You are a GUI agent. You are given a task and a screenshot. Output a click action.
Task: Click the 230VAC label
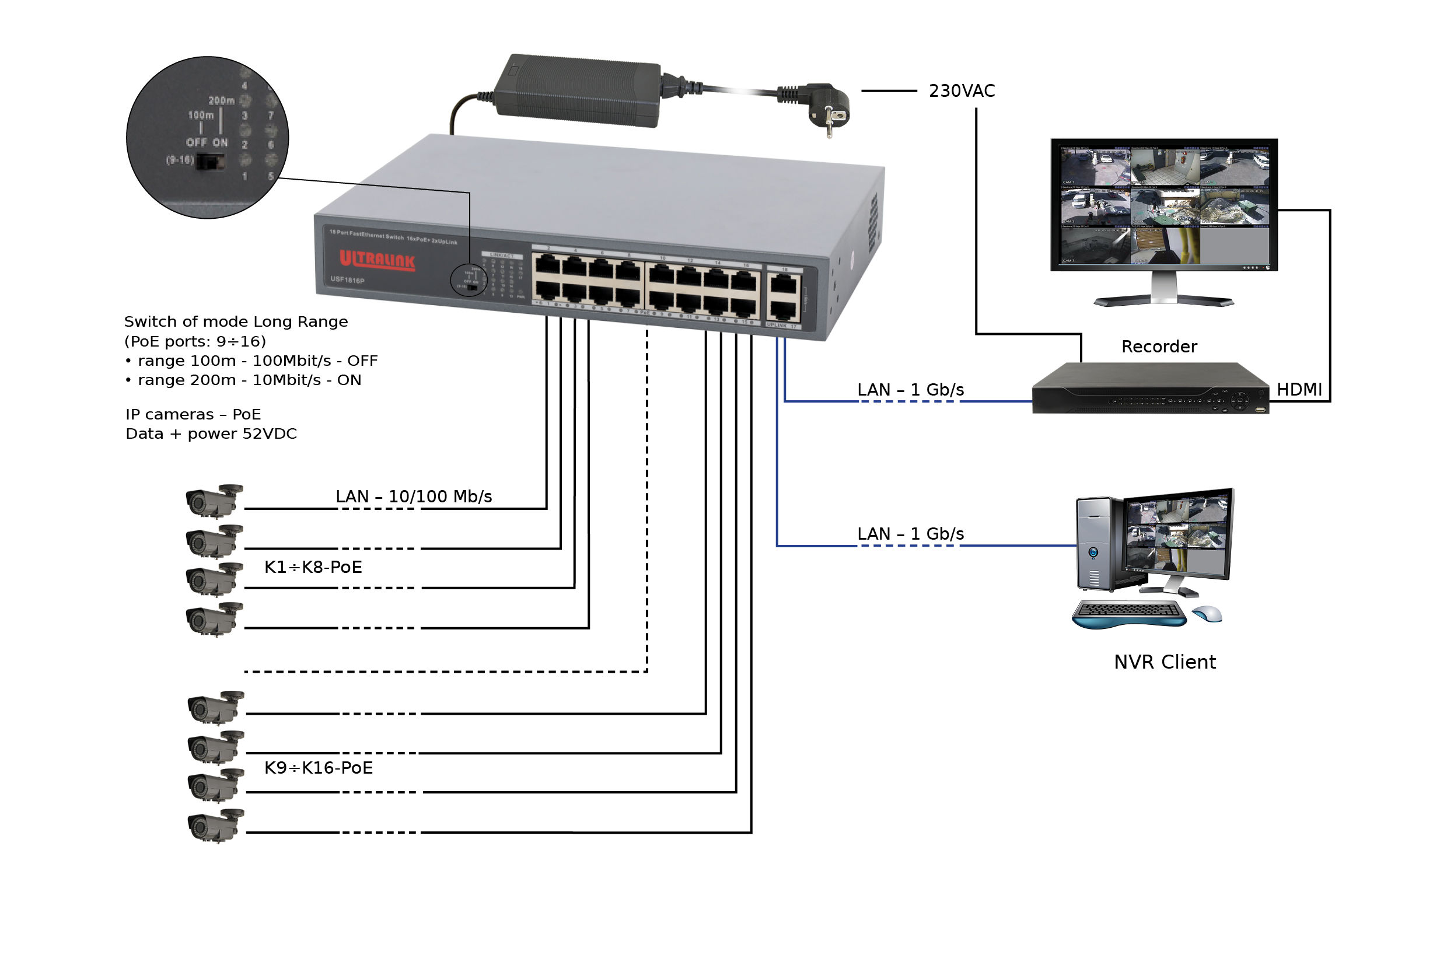click(x=962, y=91)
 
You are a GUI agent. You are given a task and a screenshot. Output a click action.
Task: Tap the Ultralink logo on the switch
click(x=378, y=260)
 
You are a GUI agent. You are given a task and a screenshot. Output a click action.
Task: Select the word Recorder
click(x=1159, y=347)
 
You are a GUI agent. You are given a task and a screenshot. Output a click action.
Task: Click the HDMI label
click(x=1299, y=390)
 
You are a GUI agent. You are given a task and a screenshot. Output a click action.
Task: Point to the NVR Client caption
click(x=1165, y=662)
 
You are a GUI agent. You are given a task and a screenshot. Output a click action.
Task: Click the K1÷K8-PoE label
click(x=313, y=568)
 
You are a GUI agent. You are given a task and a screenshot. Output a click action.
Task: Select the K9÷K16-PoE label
click(x=319, y=768)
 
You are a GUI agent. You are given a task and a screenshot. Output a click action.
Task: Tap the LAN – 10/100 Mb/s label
click(x=414, y=497)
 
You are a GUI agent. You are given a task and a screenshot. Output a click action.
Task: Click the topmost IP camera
click(x=214, y=501)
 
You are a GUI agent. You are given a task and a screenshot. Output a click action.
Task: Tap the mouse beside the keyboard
click(x=1208, y=614)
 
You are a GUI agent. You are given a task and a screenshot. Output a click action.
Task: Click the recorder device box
click(x=1149, y=390)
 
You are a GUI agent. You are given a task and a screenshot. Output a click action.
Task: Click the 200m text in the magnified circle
click(x=221, y=100)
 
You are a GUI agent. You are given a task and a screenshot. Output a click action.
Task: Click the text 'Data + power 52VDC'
click(x=211, y=434)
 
